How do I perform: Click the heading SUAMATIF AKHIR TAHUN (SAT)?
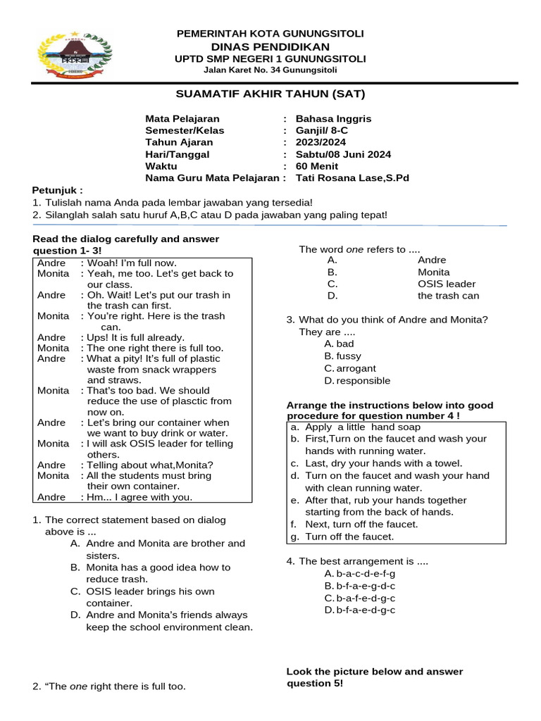click(x=270, y=94)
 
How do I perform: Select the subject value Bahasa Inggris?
click(x=333, y=118)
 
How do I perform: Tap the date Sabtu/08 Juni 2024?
click(x=343, y=154)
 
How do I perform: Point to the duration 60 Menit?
click(x=317, y=166)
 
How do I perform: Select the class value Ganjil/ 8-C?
click(x=323, y=130)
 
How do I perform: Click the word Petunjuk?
click(x=57, y=190)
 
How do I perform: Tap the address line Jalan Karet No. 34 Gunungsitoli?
click(x=270, y=70)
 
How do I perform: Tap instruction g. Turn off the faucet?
click(x=343, y=537)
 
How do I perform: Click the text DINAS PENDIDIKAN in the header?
click(x=270, y=46)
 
